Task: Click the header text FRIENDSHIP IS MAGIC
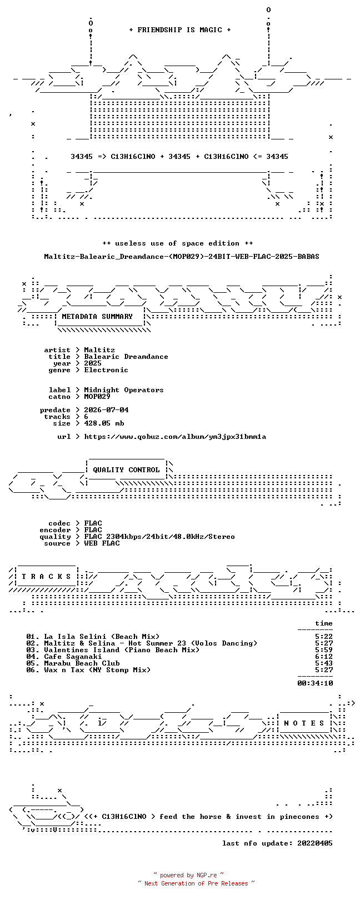point(179,30)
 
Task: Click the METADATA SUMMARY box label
point(97,317)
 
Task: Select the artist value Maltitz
point(99,350)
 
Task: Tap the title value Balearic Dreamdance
point(126,357)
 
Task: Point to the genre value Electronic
point(106,370)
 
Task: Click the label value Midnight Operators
point(124,390)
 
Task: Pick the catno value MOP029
point(97,397)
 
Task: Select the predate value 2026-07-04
point(106,410)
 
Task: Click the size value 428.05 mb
point(104,423)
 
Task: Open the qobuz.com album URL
point(175,437)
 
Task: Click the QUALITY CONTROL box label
point(126,470)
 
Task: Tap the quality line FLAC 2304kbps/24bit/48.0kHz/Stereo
point(159,537)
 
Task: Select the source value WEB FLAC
point(102,543)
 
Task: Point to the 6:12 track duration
point(324,657)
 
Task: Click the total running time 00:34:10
point(315,683)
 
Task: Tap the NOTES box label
point(304,723)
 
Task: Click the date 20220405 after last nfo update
point(315,843)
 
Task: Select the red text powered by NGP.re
point(188,875)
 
